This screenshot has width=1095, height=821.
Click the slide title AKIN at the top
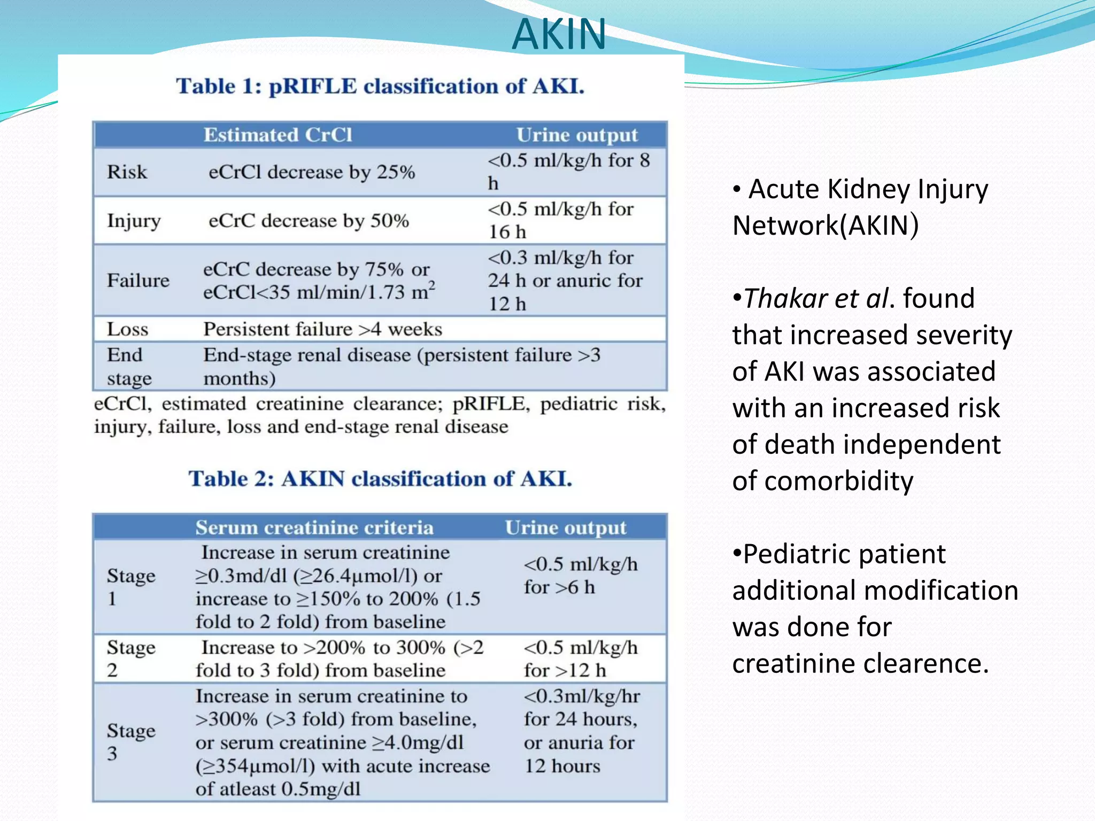click(559, 34)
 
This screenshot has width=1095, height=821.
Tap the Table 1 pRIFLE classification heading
click(380, 86)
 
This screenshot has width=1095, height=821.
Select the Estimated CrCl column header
click(277, 135)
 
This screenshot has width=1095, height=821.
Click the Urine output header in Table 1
click(577, 135)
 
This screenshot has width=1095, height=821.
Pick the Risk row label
click(127, 172)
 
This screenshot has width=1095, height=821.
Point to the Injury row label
click(134, 221)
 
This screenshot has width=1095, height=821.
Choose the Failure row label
click(138, 281)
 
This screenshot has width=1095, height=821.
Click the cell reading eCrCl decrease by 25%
click(312, 172)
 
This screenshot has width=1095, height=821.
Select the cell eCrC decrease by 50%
click(309, 221)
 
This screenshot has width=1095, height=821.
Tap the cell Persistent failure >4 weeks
click(322, 329)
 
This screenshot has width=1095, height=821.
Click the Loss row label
click(127, 329)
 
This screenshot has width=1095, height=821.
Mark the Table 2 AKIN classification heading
click(380, 478)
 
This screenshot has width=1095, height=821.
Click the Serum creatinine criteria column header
click(314, 528)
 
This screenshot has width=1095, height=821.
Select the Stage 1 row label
click(131, 587)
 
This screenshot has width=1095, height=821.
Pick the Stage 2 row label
click(131, 659)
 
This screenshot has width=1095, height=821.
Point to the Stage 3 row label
click(131, 742)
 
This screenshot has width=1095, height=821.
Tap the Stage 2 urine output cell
click(581, 659)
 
